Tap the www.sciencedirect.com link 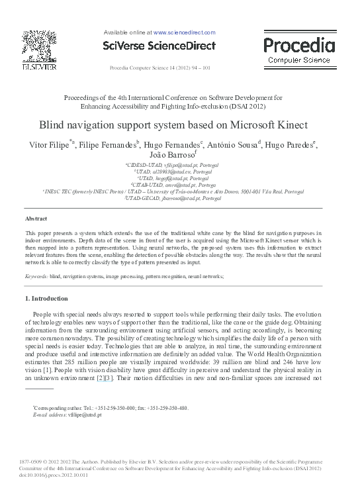click(x=185, y=32)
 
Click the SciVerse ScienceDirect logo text click(x=159, y=46)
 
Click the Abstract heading click(x=36, y=218)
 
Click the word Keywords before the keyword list click(x=36, y=275)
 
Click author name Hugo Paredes click(x=290, y=145)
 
